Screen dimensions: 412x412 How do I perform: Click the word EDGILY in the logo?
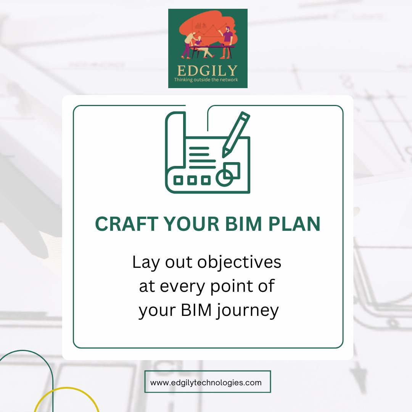[207, 71]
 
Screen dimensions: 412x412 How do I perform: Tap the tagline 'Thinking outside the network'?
[206, 80]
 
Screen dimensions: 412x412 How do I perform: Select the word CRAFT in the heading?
[127, 224]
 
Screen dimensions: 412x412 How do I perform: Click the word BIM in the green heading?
[243, 224]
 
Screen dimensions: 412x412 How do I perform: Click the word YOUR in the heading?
[192, 224]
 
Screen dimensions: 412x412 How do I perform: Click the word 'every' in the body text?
[182, 287]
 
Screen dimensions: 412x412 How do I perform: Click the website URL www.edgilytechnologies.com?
[206, 383]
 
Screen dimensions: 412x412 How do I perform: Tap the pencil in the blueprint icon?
[236, 135]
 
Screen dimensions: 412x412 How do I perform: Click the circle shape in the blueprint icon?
[224, 178]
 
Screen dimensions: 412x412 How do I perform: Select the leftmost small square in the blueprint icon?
[179, 180]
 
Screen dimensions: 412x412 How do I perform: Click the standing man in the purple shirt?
[227, 42]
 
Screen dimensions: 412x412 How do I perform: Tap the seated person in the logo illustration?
[201, 47]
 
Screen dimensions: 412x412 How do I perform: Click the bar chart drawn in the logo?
[198, 26]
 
